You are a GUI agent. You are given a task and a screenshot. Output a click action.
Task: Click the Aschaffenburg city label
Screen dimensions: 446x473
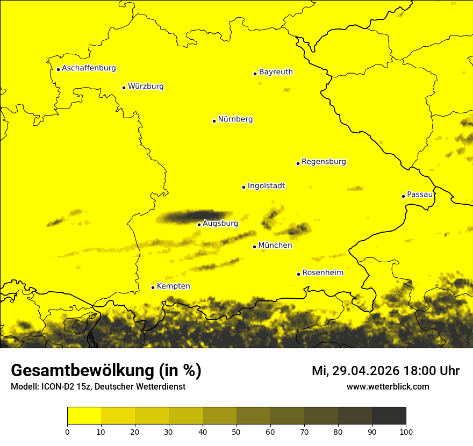pyautogui.click(x=89, y=68)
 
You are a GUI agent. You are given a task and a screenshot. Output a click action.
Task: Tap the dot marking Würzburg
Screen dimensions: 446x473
pyautogui.click(x=124, y=88)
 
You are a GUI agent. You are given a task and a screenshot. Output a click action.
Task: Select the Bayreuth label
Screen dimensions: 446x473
pyautogui.click(x=276, y=72)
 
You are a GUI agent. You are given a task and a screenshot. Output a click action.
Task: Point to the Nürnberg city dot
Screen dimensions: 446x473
pyautogui.click(x=214, y=121)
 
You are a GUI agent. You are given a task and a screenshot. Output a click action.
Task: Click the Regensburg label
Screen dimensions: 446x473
pyautogui.click(x=324, y=162)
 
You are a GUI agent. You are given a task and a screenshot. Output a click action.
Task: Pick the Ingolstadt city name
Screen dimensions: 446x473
pyautogui.click(x=266, y=186)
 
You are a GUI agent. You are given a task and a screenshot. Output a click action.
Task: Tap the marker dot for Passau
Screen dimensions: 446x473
pyautogui.click(x=403, y=196)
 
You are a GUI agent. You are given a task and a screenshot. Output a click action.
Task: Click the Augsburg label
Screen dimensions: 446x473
pyautogui.click(x=220, y=224)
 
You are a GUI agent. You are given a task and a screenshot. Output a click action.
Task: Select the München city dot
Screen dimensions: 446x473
pyautogui.click(x=254, y=247)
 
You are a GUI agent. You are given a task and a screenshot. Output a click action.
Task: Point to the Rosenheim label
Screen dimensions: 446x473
pyautogui.click(x=322, y=273)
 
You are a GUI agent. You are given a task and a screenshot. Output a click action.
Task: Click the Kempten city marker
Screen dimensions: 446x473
pyautogui.click(x=153, y=287)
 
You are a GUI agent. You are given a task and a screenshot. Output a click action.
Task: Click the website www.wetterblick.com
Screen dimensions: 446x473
pyautogui.click(x=388, y=386)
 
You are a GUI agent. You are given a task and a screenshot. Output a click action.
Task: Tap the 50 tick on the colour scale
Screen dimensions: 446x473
pyautogui.click(x=236, y=431)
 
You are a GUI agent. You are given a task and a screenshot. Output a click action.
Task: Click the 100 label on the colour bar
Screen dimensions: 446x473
pyautogui.click(x=406, y=431)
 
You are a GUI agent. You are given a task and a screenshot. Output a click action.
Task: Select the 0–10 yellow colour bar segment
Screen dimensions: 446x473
pyautogui.click(x=84, y=415)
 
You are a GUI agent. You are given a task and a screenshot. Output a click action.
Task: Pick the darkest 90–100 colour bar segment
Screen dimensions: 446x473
pyautogui.click(x=389, y=415)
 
